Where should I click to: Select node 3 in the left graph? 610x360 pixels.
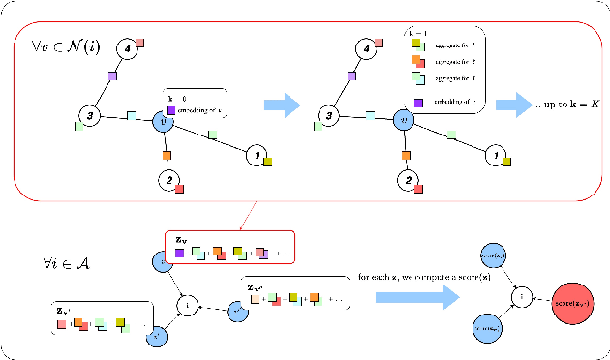coord(89,116)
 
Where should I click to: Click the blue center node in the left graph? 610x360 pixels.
coord(165,123)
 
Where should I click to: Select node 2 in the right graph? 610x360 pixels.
coord(410,180)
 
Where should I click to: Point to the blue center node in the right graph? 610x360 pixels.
coord(407,123)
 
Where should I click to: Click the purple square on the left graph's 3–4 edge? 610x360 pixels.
coord(112,75)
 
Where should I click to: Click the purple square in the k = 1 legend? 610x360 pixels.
coord(418,103)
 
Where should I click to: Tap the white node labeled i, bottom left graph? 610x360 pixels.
coord(186,306)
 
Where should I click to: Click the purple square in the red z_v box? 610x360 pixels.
coord(179,253)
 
